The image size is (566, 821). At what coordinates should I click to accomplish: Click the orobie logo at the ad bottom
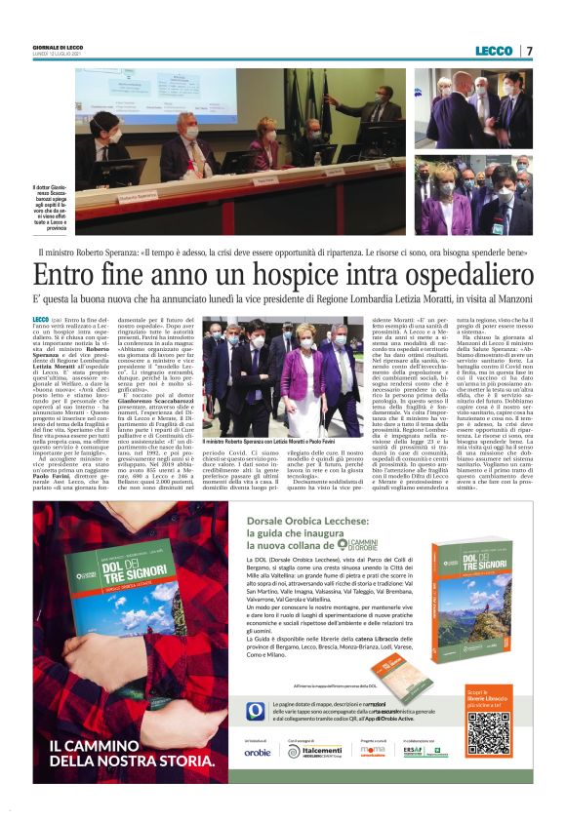[x=258, y=779]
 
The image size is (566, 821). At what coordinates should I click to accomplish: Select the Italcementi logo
[x=307, y=778]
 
